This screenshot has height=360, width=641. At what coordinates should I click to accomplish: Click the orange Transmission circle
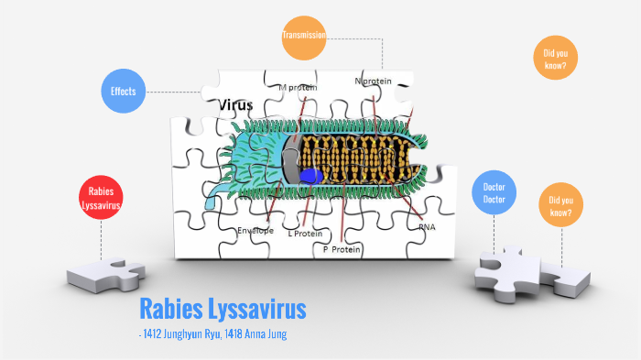click(305, 37)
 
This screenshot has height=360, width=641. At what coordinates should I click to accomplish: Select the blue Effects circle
click(124, 93)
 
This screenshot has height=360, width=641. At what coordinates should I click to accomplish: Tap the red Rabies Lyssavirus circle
click(102, 199)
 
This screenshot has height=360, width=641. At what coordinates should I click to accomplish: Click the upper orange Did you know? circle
click(555, 58)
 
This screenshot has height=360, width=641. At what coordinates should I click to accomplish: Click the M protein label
click(298, 88)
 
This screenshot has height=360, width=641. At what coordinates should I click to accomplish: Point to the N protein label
click(373, 82)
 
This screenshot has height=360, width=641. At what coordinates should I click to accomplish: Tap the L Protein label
click(306, 233)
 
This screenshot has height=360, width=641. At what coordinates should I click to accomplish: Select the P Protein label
click(341, 248)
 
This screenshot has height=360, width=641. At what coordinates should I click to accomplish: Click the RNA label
click(427, 226)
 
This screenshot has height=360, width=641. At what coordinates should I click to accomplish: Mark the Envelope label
click(255, 230)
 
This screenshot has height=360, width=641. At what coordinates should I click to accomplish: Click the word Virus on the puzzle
click(235, 105)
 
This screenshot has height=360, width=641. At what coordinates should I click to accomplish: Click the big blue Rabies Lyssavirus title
click(223, 309)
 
